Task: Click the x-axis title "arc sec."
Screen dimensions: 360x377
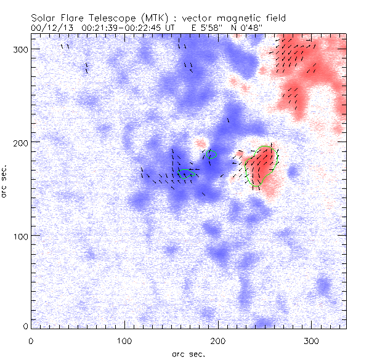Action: click(x=188, y=354)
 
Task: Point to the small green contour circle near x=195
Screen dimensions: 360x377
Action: click(x=213, y=154)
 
